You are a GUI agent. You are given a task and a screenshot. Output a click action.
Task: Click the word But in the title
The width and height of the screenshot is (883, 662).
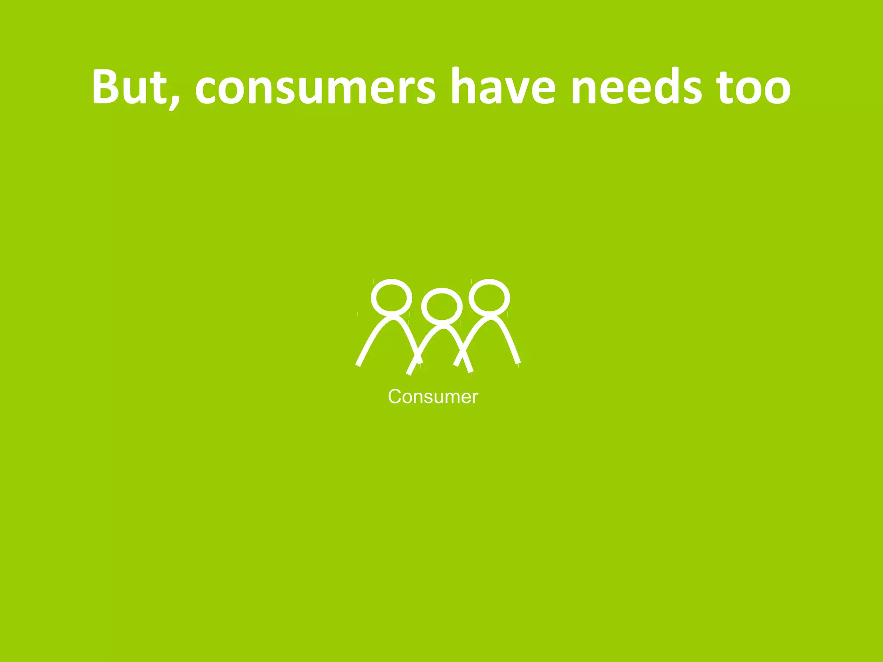tap(129, 86)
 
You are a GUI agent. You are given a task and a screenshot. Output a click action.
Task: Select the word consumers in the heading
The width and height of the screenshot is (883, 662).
tap(315, 88)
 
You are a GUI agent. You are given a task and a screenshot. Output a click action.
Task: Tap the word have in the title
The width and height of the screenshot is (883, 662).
tap(503, 86)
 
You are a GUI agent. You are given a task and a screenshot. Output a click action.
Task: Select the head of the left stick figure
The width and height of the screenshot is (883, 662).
tap(391, 297)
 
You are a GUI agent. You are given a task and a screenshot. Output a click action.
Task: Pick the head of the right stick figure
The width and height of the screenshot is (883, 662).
tap(489, 297)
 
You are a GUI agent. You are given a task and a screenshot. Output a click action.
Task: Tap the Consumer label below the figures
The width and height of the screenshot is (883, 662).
tap(433, 397)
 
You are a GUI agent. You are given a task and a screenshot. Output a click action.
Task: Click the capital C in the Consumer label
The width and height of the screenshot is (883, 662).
tap(395, 397)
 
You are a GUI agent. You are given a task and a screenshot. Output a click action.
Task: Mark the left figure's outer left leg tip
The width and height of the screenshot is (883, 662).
tap(358, 364)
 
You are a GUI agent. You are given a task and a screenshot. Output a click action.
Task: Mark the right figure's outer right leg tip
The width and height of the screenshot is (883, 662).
tap(518, 362)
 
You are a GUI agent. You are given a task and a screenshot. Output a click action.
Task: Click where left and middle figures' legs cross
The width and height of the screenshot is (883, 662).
tap(417, 357)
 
